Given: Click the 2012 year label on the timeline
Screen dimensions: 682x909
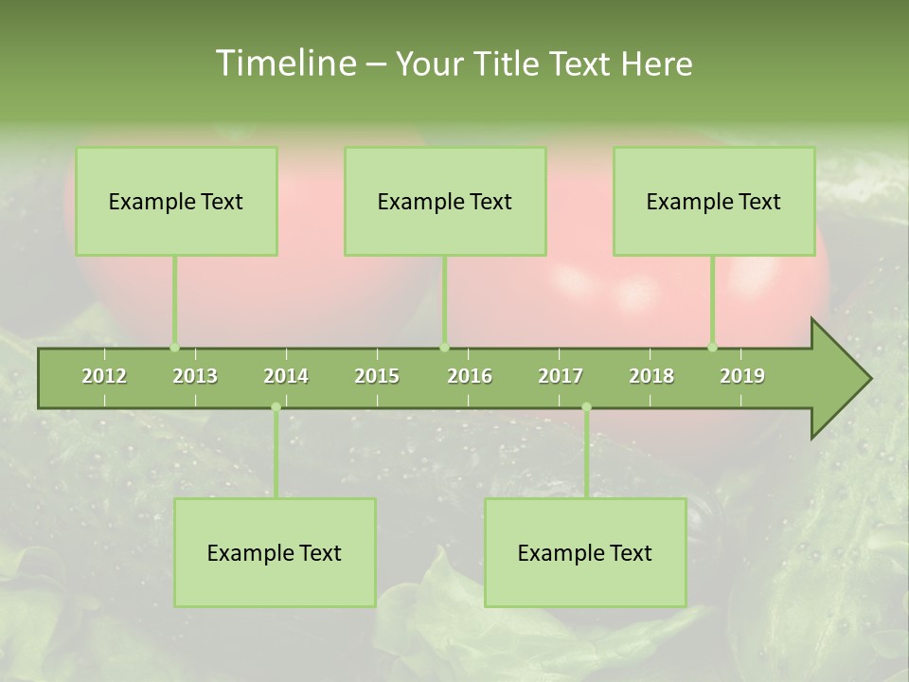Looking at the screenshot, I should click(x=104, y=376).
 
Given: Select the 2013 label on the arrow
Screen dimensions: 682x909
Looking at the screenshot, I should click(x=195, y=376).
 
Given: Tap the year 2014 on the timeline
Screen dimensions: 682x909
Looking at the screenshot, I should click(x=286, y=376).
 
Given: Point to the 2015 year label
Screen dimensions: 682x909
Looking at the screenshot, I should click(x=377, y=376).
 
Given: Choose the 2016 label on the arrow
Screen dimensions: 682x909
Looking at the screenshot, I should click(x=470, y=376).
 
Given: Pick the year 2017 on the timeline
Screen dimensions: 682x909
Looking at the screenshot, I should click(x=561, y=376).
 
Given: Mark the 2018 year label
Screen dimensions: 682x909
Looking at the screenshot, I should click(x=651, y=376).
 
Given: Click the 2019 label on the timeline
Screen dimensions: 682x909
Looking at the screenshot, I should click(x=742, y=376).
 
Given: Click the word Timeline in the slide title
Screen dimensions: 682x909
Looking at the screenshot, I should click(x=284, y=63).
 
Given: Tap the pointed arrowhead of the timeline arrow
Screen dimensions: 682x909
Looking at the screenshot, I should click(x=847, y=379).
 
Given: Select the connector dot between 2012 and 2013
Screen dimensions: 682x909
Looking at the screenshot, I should click(x=174, y=347).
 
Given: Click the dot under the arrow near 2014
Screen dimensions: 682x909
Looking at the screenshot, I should click(x=276, y=407).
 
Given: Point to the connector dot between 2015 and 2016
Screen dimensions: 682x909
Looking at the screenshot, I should click(x=444, y=347).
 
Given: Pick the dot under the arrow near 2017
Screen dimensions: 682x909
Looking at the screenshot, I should click(x=586, y=407).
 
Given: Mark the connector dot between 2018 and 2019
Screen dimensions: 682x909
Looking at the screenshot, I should click(x=712, y=347).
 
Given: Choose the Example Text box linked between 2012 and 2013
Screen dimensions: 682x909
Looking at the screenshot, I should click(x=176, y=201).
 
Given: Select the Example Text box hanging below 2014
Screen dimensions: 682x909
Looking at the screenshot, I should click(x=275, y=552).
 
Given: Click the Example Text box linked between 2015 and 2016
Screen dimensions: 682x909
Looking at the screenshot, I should click(x=445, y=201).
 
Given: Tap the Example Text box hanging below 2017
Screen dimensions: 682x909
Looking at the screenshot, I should click(x=585, y=552).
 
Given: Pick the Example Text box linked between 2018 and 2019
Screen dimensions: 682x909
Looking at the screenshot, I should click(x=714, y=201).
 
